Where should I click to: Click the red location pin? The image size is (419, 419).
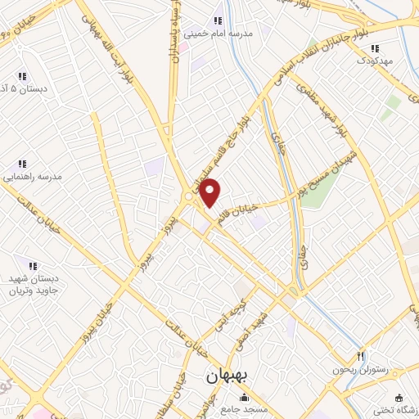[x=210, y=192]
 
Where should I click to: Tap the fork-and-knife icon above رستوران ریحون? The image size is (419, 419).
[x=360, y=357]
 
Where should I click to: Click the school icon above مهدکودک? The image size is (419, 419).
[x=376, y=47]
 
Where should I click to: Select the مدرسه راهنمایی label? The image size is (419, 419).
[x=30, y=176]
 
